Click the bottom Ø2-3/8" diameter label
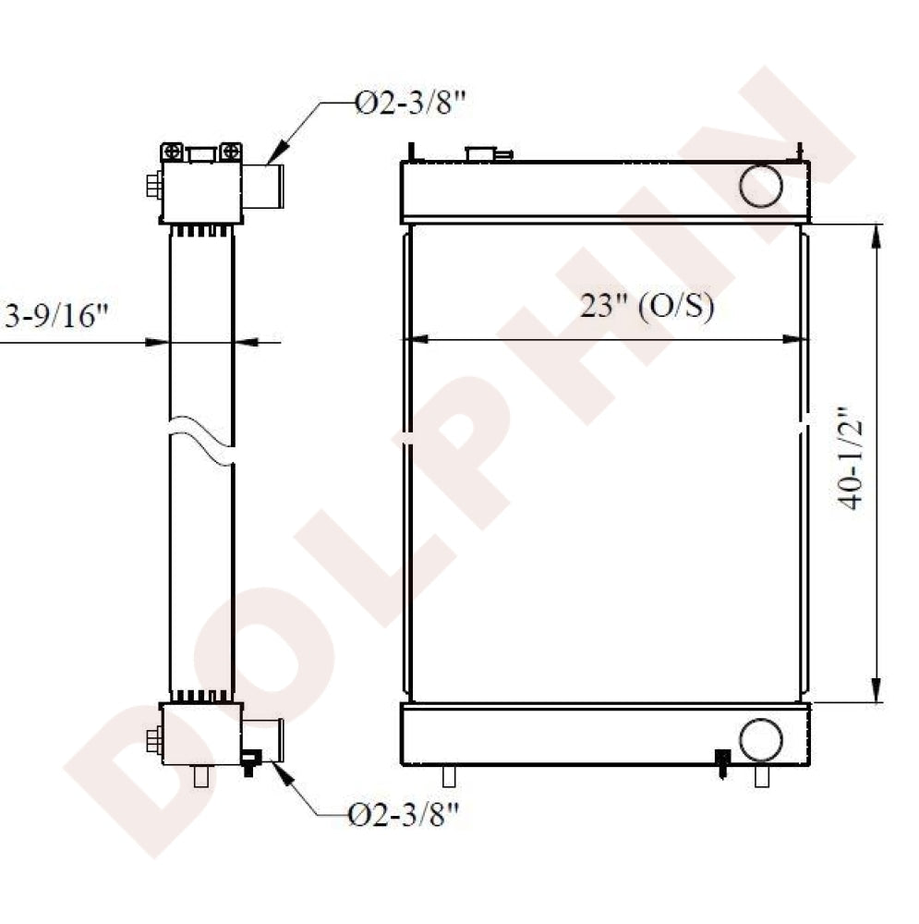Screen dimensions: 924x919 tap(405, 814)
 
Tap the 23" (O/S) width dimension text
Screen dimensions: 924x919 tap(647, 307)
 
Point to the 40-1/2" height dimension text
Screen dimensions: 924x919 tap(850, 457)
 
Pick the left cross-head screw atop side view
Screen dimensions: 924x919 tap(172, 152)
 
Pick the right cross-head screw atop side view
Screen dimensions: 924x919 tap(231, 152)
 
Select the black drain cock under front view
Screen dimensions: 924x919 tap(722, 760)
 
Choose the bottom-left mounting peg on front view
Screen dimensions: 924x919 tap(449, 775)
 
